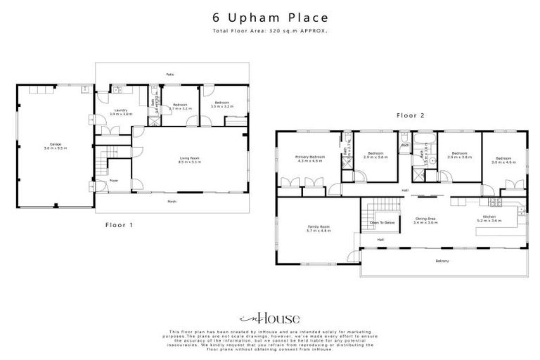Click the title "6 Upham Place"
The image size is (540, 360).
point(270,18)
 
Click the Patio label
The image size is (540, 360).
point(170,74)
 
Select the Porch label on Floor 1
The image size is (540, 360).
point(172,201)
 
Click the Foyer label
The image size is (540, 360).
point(113,181)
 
